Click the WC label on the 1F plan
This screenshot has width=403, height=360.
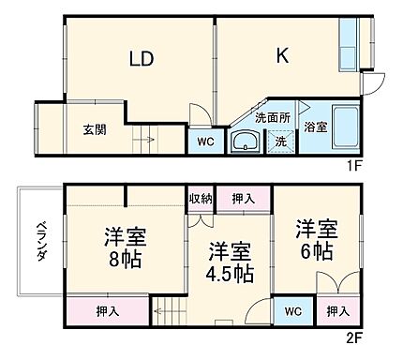[205, 142]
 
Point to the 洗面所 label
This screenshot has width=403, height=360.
[273, 119]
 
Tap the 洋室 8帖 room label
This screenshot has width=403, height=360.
[125, 247]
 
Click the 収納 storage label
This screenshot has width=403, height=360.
[200, 198]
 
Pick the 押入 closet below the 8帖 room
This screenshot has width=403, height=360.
[107, 311]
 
